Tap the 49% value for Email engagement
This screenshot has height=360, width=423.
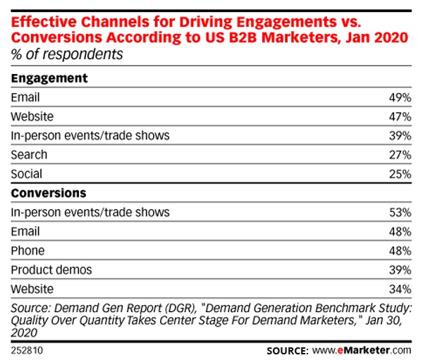pos(399,97)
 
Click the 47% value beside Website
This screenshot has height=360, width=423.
pos(399,116)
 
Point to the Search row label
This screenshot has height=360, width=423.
pos(29,154)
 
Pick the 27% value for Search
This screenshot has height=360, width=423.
pos(399,154)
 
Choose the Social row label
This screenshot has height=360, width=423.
pos(26,173)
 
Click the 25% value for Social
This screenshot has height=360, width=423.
pos(399,173)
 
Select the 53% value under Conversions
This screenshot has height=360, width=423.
pos(399,212)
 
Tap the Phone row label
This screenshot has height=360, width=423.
pos(27,250)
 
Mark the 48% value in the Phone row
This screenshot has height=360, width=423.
pos(399,250)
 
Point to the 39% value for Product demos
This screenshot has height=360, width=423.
pos(399,269)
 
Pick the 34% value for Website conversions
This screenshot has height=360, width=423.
pos(399,288)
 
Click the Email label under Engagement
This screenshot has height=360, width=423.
pos(25,97)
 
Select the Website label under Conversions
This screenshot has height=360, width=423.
pos(32,288)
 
